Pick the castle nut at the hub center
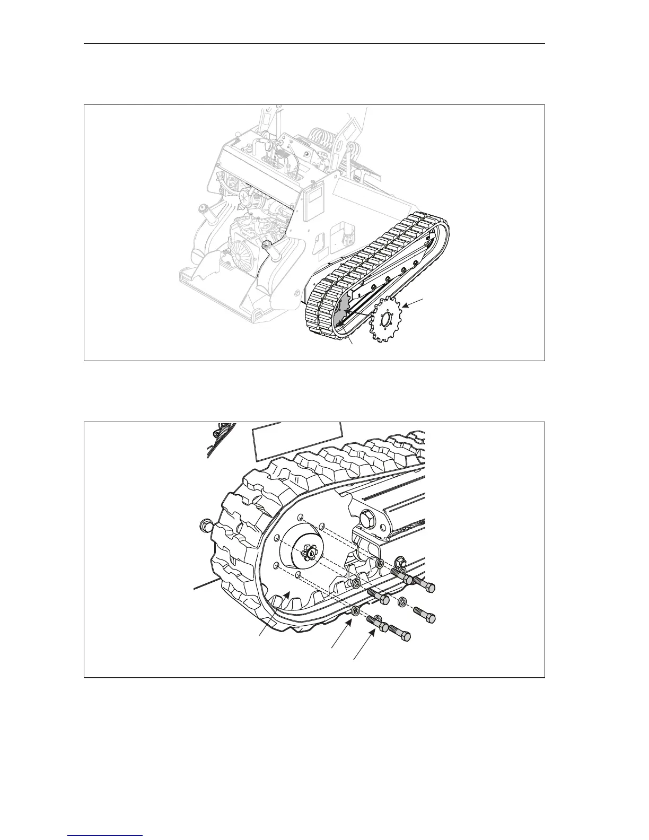309,554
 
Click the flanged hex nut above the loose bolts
401,563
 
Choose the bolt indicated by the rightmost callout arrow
378,619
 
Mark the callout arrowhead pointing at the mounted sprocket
287,596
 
